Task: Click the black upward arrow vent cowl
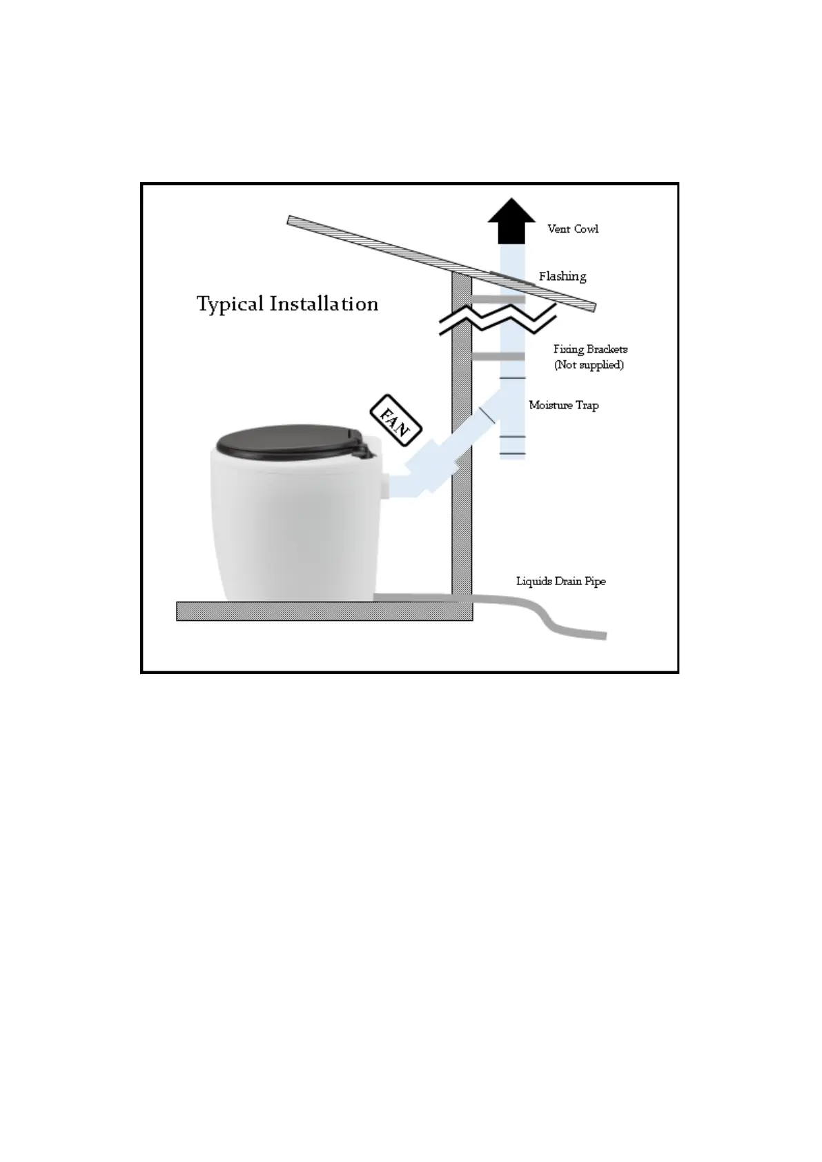pos(511,221)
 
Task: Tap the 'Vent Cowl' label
pos(573,229)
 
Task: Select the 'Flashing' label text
pos(562,277)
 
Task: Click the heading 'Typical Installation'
pos(287,304)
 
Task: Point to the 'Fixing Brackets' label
pos(590,350)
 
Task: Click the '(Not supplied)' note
pos(589,365)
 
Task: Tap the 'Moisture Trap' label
pos(563,406)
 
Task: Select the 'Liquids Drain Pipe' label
pos(560,582)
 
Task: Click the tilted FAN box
pos(396,419)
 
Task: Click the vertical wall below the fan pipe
pos(462,538)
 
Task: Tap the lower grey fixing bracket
pos(498,357)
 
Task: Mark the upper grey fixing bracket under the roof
pos(497,299)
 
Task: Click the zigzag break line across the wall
pos(497,322)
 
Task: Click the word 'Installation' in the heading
pos(324,304)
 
